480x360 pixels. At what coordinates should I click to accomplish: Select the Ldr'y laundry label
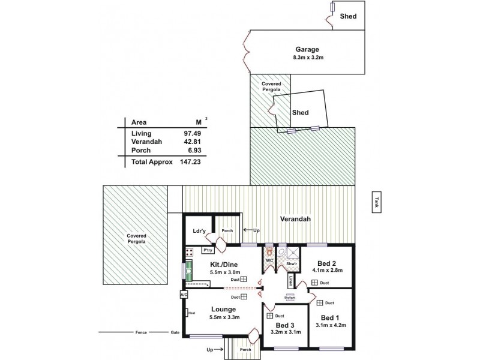click(199, 231)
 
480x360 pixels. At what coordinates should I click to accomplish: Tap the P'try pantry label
click(208, 250)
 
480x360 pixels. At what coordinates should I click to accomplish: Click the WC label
click(269, 260)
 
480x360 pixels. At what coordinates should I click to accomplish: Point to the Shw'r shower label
click(291, 263)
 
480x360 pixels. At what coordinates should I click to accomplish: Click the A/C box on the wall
click(184, 295)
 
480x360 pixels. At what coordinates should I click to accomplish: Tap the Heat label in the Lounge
click(192, 312)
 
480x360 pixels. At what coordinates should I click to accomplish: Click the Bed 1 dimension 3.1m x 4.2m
click(331, 325)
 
